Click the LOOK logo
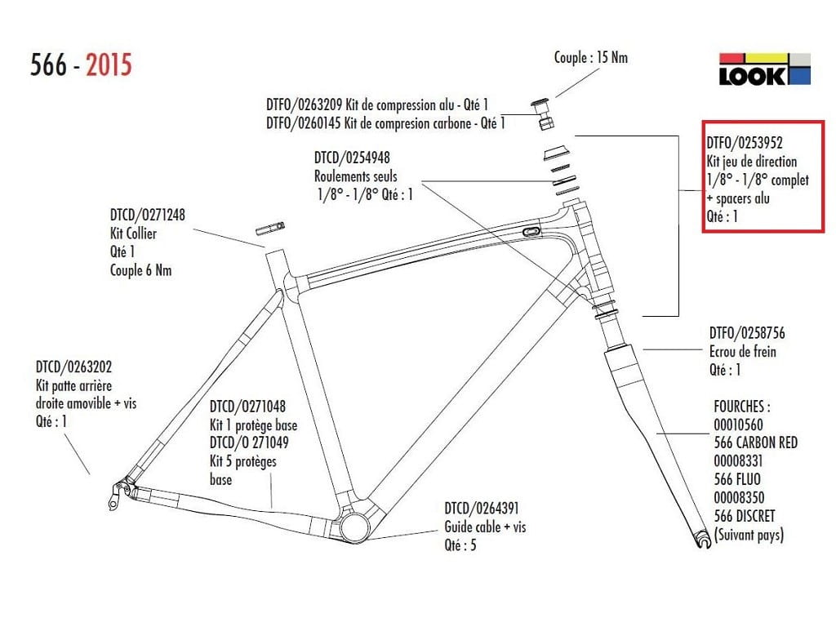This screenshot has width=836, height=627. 763,70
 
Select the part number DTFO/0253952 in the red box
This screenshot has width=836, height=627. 744,142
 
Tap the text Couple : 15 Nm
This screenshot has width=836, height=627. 591,57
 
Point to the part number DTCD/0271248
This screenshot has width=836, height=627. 148,216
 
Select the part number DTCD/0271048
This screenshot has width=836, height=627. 248,407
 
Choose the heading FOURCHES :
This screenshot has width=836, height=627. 742,406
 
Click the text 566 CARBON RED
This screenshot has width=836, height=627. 755,442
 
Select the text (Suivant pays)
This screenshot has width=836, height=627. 749,536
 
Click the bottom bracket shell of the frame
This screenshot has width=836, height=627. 355,525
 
